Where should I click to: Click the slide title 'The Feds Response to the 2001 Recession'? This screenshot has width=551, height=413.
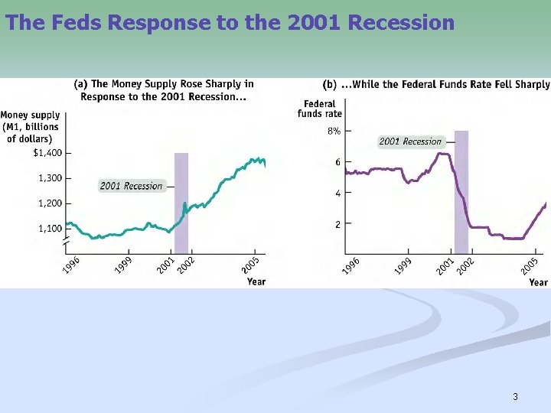[230, 22]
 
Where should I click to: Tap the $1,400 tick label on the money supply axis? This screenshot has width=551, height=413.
[47, 153]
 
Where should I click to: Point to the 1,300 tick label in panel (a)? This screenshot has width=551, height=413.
[50, 178]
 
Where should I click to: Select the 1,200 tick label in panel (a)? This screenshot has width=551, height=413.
[50, 203]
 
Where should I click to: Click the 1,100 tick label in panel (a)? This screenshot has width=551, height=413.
[50, 229]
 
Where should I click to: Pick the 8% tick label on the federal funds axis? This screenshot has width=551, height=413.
[334, 131]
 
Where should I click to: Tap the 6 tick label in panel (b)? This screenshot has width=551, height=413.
[337, 162]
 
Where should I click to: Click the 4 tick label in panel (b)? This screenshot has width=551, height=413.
[337, 193]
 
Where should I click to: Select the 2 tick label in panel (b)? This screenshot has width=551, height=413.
[337, 224]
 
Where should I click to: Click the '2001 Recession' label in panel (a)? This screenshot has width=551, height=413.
[131, 186]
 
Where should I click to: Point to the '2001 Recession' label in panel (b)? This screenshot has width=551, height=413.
[410, 141]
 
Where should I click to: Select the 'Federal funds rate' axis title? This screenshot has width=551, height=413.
[320, 109]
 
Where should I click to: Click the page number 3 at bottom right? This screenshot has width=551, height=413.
[515, 396]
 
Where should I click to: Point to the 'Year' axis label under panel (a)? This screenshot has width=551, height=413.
[256, 282]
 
